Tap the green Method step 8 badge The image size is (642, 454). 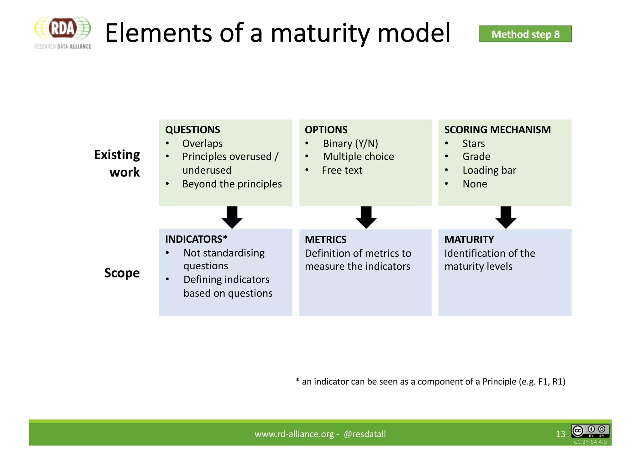pyautogui.click(x=525, y=34)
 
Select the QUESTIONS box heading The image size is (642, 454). pyautogui.click(x=192, y=130)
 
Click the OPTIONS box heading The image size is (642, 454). pyautogui.click(x=326, y=130)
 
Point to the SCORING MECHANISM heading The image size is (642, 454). pyautogui.click(x=497, y=130)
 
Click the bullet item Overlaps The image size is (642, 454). pyautogui.click(x=202, y=144)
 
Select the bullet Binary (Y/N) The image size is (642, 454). pyautogui.click(x=350, y=144)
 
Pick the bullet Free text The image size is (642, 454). pyautogui.click(x=342, y=170)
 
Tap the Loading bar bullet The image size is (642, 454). pyautogui.click(x=489, y=170)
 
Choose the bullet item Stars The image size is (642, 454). pyautogui.click(x=473, y=144)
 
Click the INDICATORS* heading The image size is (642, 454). pyautogui.click(x=196, y=239)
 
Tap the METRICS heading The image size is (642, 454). pyautogui.click(x=325, y=240)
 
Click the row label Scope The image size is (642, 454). pyautogui.click(x=122, y=273)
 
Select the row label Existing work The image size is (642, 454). pyautogui.click(x=118, y=163)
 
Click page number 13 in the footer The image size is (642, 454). pyautogui.click(x=560, y=434)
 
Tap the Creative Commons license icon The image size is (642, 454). pyautogui.click(x=590, y=431)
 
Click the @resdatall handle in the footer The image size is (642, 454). pyautogui.click(x=365, y=434)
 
